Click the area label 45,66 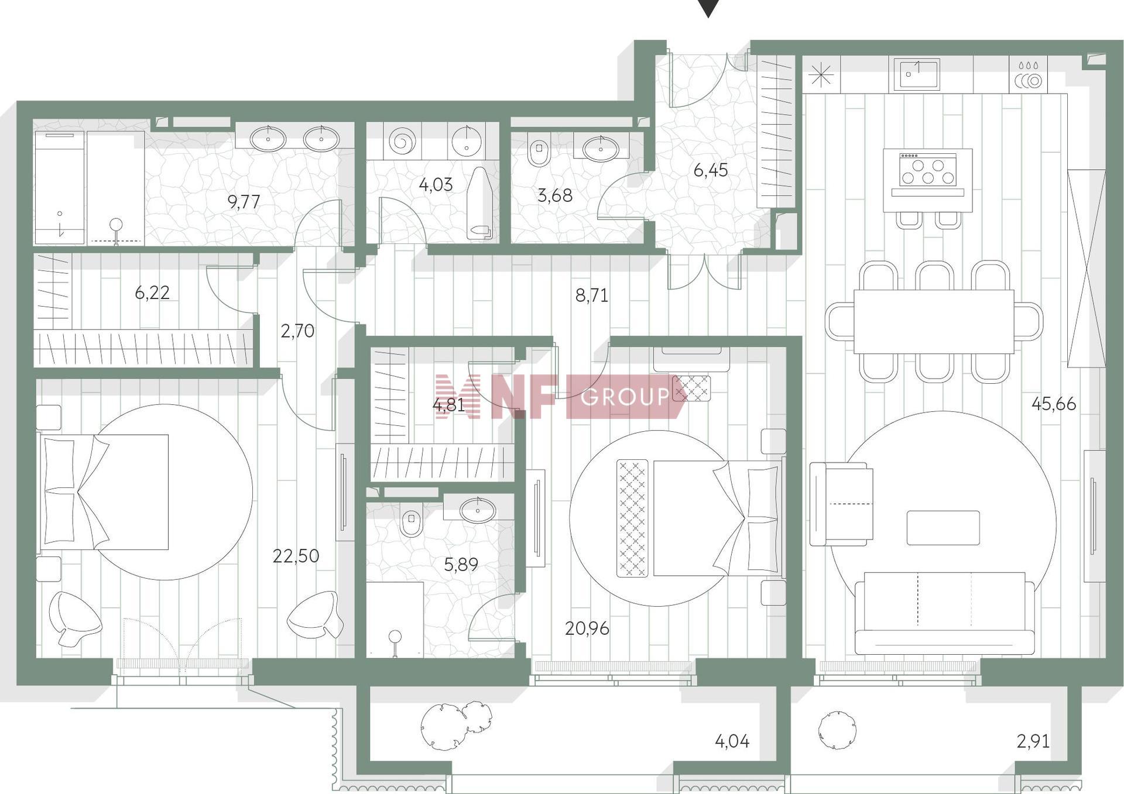coord(1053,404)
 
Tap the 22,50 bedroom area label coord(296,555)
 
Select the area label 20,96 coord(587,628)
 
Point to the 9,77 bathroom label coord(244,202)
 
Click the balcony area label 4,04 coord(732,741)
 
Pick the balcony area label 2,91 coord(1033,741)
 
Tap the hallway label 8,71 coord(592,295)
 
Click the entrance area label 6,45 coord(711,170)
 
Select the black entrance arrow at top coord(708,8)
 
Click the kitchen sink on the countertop coord(917,74)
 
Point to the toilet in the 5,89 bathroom coord(412,520)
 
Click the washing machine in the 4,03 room coord(402,141)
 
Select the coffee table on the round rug coord(943,528)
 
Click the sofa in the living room coord(944,613)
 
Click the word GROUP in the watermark coord(625,397)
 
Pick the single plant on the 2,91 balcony coord(837,730)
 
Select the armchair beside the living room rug coord(841,504)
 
